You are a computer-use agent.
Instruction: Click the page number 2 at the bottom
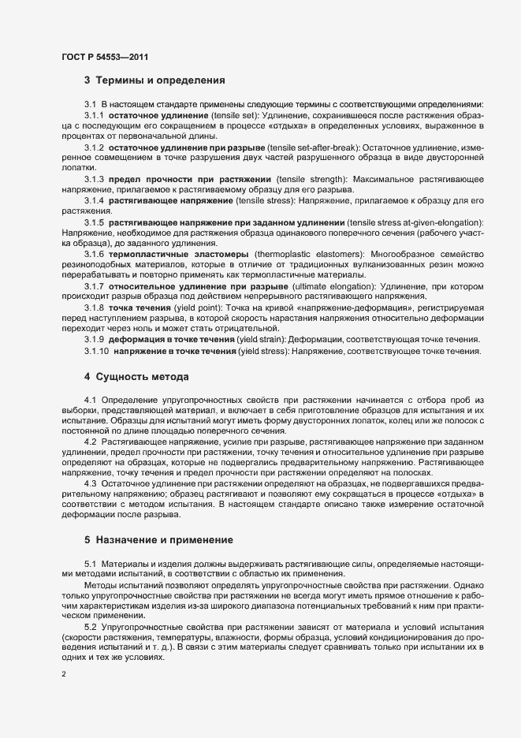coord(63,675)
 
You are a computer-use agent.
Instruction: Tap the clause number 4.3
coord(91,483)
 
